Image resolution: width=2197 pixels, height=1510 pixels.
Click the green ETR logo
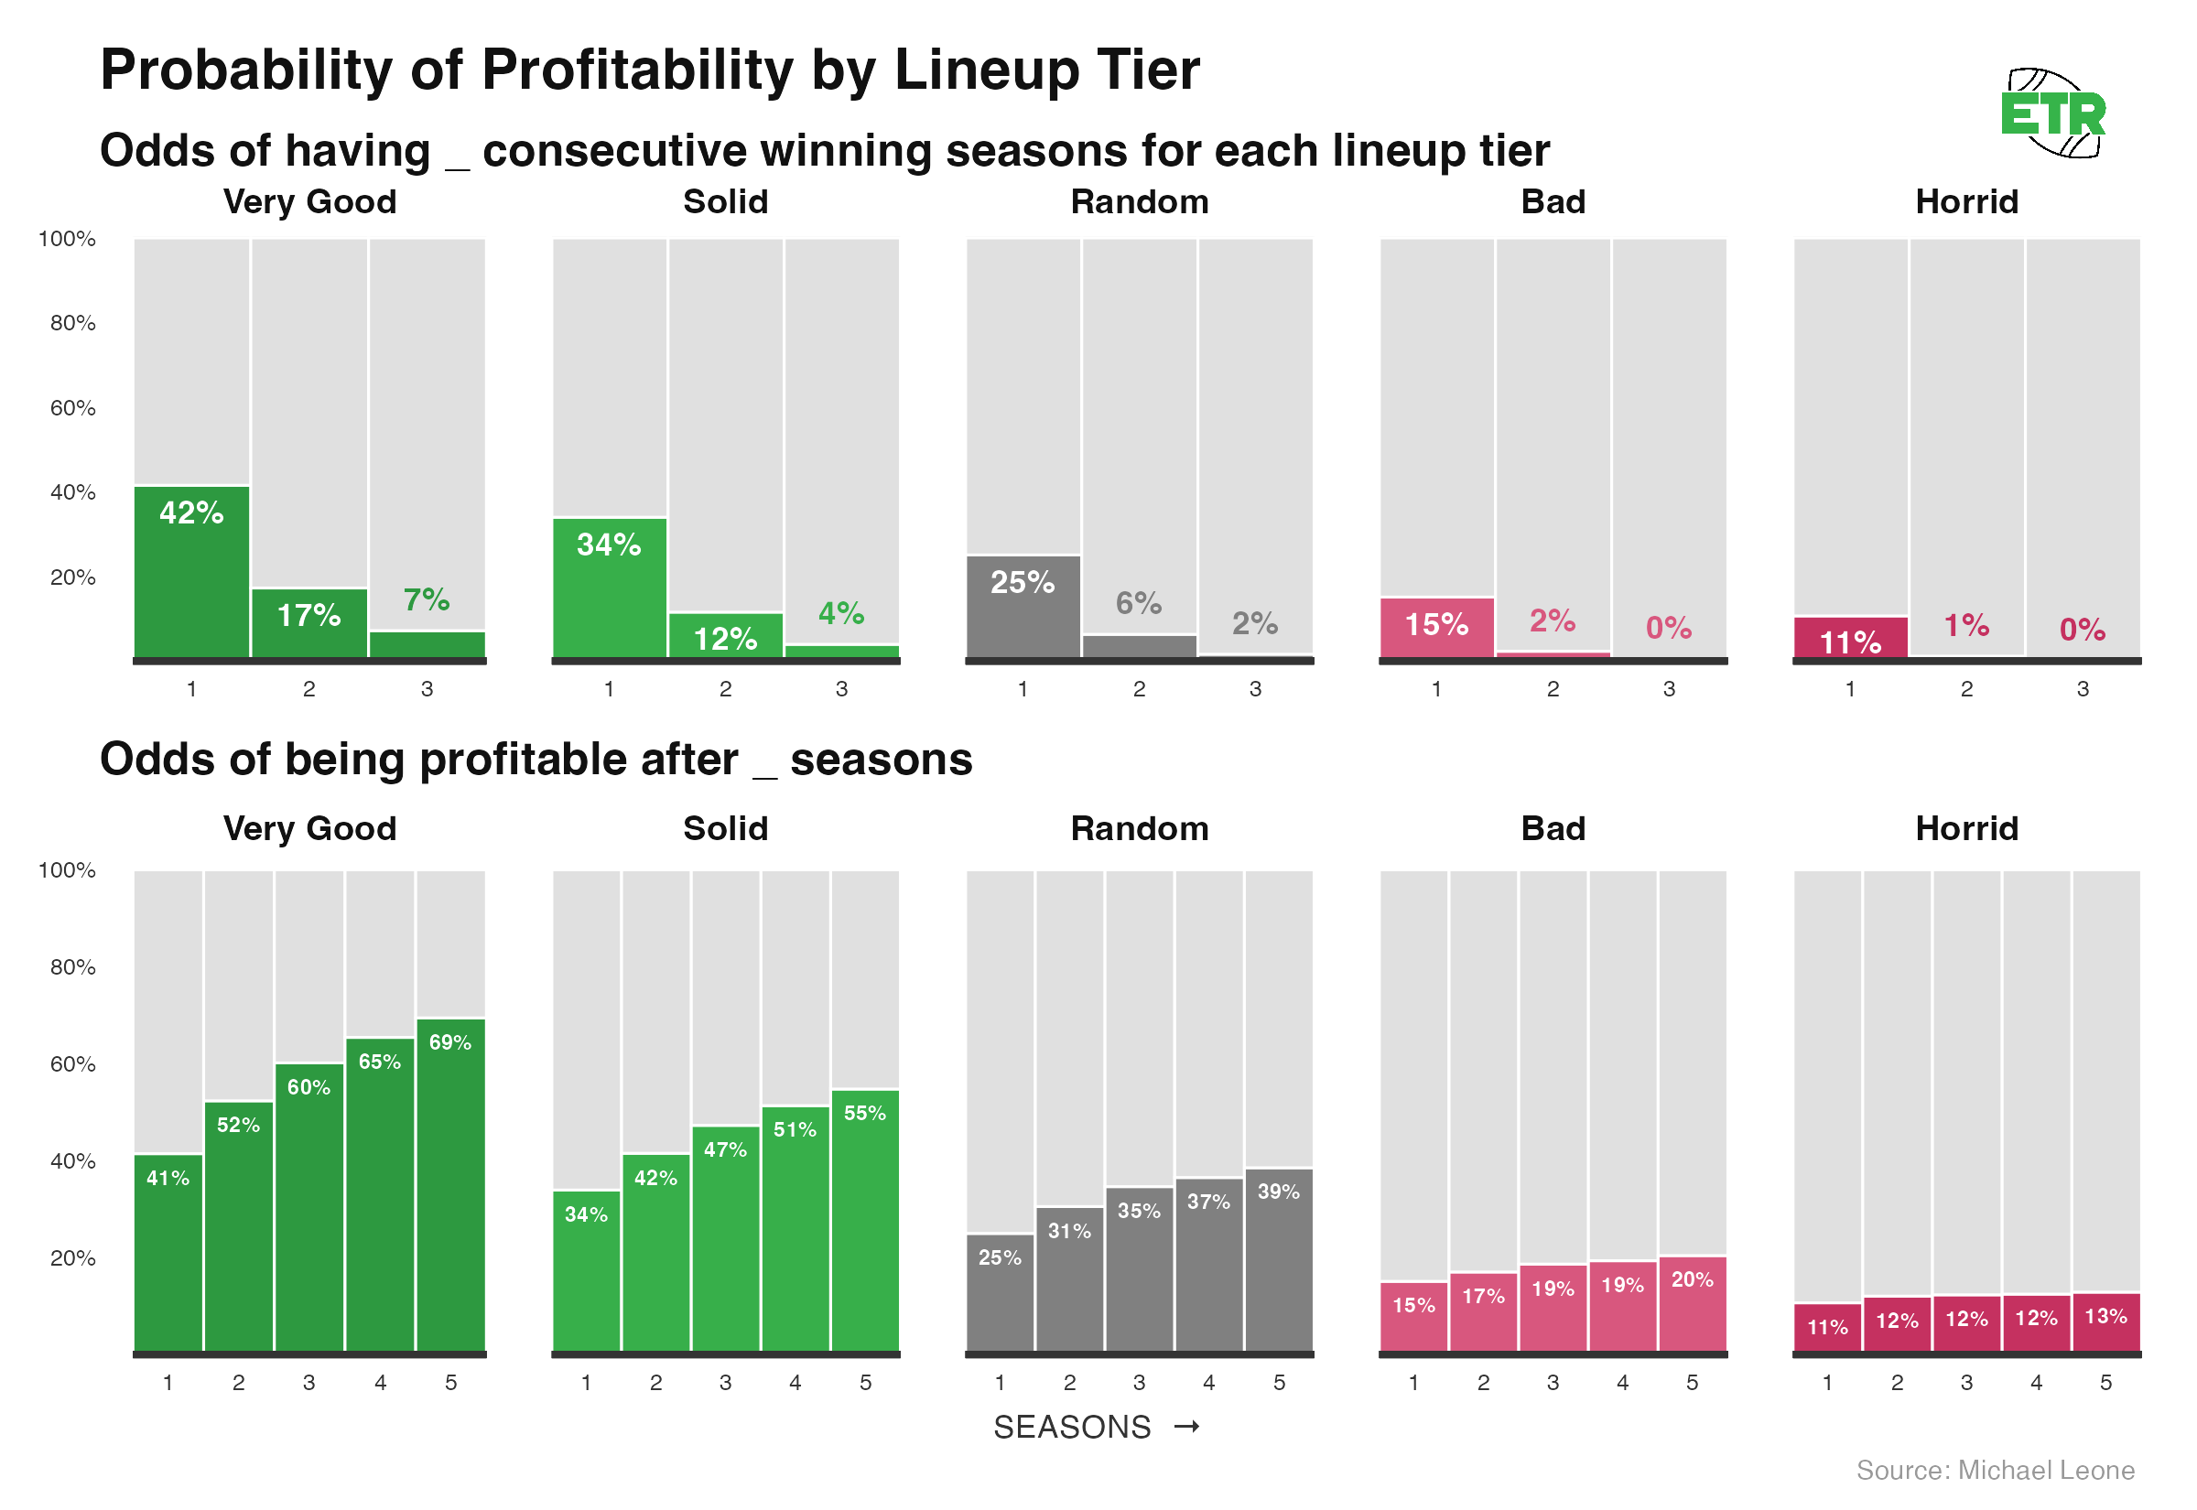click(2052, 114)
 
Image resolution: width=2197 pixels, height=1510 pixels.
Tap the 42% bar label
click(191, 513)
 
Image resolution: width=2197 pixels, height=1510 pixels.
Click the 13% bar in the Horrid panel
click(2105, 1324)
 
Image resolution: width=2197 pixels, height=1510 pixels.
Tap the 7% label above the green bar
click(427, 600)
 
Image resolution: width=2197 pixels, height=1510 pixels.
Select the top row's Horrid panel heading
click(1966, 202)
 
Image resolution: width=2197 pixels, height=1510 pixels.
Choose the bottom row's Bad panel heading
click(1553, 830)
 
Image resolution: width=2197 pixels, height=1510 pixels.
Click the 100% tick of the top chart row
click(67, 240)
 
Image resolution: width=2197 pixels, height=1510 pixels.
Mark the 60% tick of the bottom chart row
click(72, 1065)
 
